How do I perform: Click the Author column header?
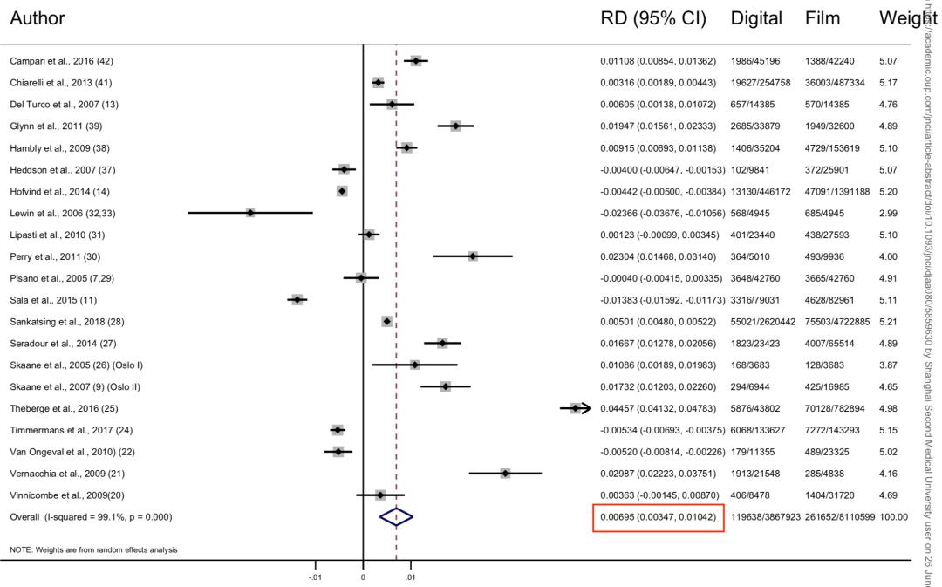(37, 18)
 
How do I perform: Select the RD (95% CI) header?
(652, 18)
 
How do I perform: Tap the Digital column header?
(755, 18)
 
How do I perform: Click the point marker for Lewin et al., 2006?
(250, 213)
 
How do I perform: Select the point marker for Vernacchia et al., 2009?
(505, 474)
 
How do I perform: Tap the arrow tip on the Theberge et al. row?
(589, 408)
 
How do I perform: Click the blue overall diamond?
(396, 517)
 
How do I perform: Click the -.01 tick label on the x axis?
(315, 577)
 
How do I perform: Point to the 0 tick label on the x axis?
(363, 577)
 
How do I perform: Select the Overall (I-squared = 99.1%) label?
(91, 517)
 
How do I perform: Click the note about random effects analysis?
(93, 550)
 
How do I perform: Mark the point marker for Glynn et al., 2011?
(455, 126)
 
